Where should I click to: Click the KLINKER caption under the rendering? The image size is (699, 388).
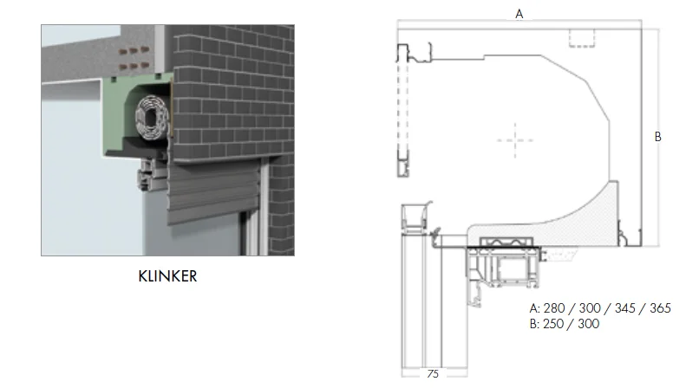167,276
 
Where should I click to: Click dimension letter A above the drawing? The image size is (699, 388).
519,14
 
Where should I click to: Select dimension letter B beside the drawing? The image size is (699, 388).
657,137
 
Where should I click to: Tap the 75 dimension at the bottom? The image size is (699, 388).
433,374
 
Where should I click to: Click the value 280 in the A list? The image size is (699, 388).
553,308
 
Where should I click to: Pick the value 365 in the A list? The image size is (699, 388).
660,308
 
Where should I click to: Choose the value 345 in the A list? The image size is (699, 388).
625,308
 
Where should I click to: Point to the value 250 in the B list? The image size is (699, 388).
553,324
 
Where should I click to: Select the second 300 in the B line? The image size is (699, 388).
589,324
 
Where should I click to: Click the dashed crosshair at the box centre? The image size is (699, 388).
515,140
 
